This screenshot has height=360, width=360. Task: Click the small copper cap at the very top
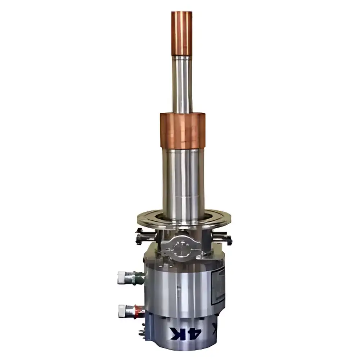click(181, 33)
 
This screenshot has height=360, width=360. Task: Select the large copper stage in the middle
click(183, 130)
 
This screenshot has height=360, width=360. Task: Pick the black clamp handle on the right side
click(225, 238)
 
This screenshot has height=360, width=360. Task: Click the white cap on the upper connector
click(122, 278)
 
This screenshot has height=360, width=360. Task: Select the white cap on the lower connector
click(122, 310)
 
